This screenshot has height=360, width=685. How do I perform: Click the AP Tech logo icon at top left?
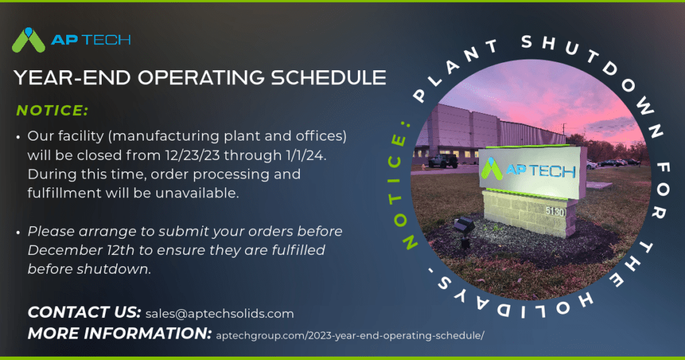(x=29, y=40)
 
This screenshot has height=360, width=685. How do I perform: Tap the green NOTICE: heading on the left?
(x=52, y=110)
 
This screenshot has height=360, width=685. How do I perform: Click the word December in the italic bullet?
(x=64, y=250)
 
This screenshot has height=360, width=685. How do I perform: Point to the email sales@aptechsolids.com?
(x=219, y=313)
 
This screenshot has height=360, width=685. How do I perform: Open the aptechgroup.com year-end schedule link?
(x=350, y=335)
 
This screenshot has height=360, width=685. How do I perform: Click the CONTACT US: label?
(x=84, y=312)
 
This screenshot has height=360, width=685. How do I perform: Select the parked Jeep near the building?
(x=443, y=161)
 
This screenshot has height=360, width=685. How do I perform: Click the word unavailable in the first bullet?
(x=206, y=193)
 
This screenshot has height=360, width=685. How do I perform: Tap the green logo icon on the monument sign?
(x=494, y=168)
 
